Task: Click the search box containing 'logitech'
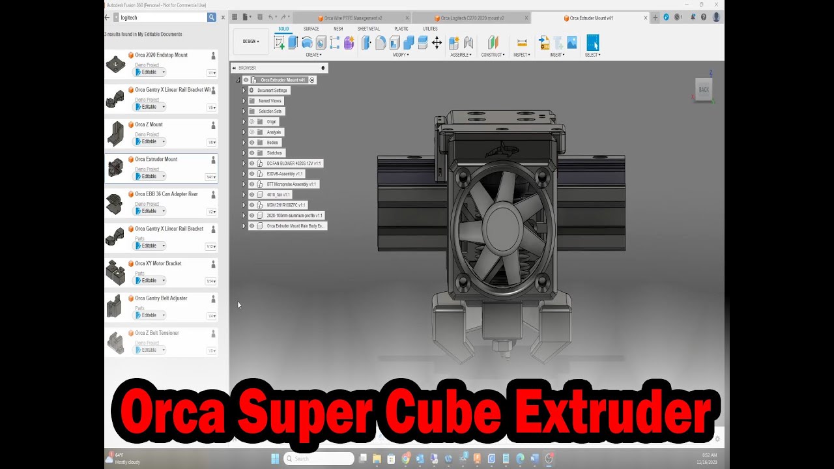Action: tap(163, 18)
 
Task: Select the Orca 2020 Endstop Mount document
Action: tap(161, 55)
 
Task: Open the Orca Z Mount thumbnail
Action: tap(115, 133)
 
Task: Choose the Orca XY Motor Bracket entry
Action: tap(158, 264)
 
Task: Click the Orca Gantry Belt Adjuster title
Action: tap(161, 298)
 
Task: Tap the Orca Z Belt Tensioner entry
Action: tap(156, 334)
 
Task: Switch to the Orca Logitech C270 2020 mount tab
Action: tap(472, 18)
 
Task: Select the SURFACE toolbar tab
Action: tap(311, 29)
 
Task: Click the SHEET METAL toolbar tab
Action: tap(368, 29)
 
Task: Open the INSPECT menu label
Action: tap(521, 55)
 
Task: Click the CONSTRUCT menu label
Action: tap(492, 55)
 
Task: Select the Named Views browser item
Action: tap(270, 101)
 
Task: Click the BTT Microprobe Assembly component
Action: tap(291, 184)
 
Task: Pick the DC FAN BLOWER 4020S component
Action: tap(293, 163)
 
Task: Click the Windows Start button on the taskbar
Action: tap(274, 459)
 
